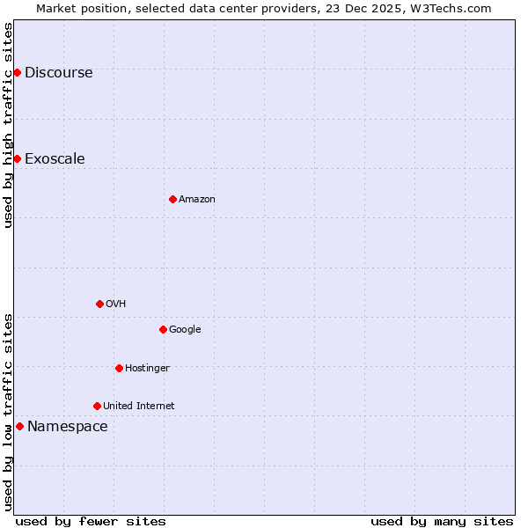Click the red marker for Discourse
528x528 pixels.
[x=17, y=72]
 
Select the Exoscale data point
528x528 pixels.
[x=17, y=158]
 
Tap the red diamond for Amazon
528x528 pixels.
[x=172, y=199]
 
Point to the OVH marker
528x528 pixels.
[x=99, y=304]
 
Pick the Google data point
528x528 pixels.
[x=163, y=329]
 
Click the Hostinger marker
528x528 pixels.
[x=119, y=368]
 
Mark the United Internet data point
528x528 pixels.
[x=97, y=406]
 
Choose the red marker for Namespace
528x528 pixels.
[x=19, y=426]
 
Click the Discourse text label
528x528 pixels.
[x=58, y=73]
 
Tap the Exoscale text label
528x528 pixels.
[x=55, y=159]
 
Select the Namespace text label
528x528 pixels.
[x=68, y=427]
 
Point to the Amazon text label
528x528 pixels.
[x=197, y=200]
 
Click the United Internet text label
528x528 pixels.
[x=138, y=407]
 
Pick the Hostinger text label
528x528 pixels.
[x=147, y=369]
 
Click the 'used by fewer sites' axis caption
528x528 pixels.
[x=91, y=521]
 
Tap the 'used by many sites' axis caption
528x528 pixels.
[x=442, y=521]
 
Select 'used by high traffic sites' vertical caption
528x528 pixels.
[x=8, y=125]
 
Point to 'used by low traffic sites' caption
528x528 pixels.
[x=8, y=412]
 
